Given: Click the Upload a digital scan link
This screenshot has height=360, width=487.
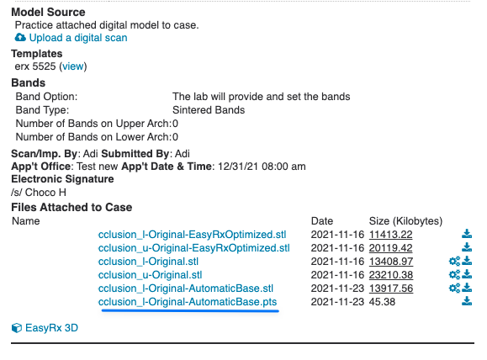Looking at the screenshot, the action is click(x=78, y=38).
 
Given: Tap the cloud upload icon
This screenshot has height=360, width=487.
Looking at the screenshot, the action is click(x=20, y=38).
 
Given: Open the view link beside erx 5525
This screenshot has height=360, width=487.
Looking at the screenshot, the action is click(x=73, y=66).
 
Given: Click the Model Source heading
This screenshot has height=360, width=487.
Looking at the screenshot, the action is click(x=48, y=12).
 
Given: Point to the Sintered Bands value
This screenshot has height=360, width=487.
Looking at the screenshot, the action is click(x=209, y=110).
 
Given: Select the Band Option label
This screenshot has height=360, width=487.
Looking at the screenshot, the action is click(x=46, y=97).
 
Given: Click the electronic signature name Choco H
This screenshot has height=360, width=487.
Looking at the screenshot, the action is click(x=45, y=193).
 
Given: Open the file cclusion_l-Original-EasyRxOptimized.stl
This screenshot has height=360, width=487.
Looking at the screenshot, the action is click(x=192, y=235).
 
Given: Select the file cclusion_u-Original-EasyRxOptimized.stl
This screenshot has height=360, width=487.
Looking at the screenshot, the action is click(x=193, y=248).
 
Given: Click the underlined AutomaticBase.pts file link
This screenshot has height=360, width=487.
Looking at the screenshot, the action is click(x=188, y=302).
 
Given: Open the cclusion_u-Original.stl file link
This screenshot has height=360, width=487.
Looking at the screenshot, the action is click(x=150, y=275).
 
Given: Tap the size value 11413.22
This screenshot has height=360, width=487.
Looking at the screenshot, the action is click(x=391, y=235).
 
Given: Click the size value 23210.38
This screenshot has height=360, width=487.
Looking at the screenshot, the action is click(x=391, y=275).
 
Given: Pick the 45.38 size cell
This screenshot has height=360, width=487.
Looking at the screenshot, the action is click(x=382, y=302).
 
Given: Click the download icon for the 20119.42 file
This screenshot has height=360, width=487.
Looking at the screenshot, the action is click(x=467, y=247).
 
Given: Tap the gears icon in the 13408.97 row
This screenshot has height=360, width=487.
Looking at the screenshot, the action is click(x=454, y=262).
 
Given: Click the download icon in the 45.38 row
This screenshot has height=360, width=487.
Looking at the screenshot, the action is click(x=467, y=301).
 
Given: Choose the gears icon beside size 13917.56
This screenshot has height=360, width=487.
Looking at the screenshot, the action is click(x=454, y=289).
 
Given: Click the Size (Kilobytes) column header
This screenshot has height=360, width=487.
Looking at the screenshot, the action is click(x=405, y=221).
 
